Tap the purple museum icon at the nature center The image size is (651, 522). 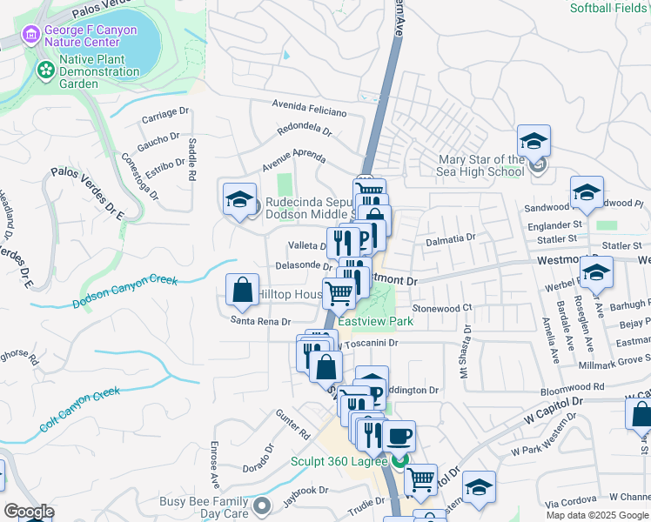pyautogui.click(x=31, y=36)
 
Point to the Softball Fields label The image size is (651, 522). pyautogui.click(x=610, y=8)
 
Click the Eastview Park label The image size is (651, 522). pyautogui.click(x=375, y=321)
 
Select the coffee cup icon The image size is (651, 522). pyautogui.click(x=399, y=437)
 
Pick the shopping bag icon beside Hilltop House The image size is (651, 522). pyautogui.click(x=243, y=291)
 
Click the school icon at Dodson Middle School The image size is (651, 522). pyautogui.click(x=240, y=199)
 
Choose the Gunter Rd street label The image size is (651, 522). pyautogui.click(x=293, y=424)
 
